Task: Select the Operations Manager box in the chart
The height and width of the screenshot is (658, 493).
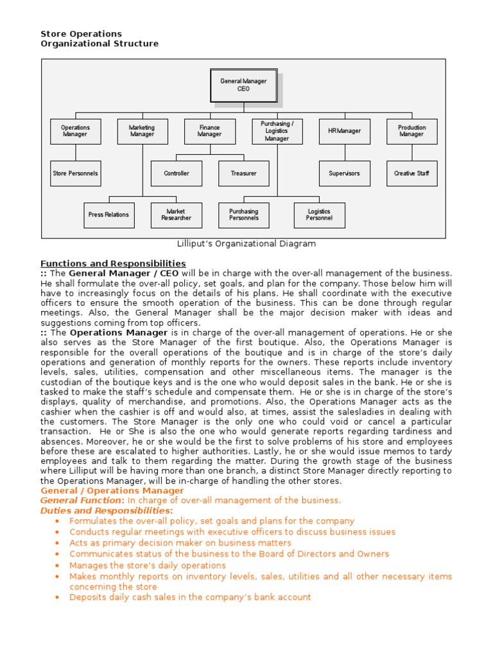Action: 75,131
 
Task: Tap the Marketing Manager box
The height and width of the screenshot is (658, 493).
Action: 142,131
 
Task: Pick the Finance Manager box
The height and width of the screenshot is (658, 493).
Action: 209,131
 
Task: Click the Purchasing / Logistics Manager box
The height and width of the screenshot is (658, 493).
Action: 277,131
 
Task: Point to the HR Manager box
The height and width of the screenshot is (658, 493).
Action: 345,131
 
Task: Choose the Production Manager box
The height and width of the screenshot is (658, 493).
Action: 411,131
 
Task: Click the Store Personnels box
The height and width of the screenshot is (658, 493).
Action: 75,173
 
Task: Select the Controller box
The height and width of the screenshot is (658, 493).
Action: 177,173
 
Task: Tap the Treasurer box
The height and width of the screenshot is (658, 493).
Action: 243,173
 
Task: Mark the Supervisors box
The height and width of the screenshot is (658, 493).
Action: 345,173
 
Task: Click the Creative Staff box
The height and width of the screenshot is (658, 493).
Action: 411,173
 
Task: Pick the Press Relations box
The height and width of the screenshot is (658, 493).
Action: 108,215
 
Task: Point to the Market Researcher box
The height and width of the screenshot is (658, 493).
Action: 176,215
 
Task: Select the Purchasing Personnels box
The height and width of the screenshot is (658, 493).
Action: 243,215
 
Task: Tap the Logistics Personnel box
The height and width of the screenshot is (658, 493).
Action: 319,215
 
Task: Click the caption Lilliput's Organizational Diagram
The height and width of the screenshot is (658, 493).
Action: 246,244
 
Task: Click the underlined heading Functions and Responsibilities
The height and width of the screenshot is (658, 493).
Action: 113,263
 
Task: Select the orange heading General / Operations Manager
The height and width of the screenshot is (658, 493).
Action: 112,491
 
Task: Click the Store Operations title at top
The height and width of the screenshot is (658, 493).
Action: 82,33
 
